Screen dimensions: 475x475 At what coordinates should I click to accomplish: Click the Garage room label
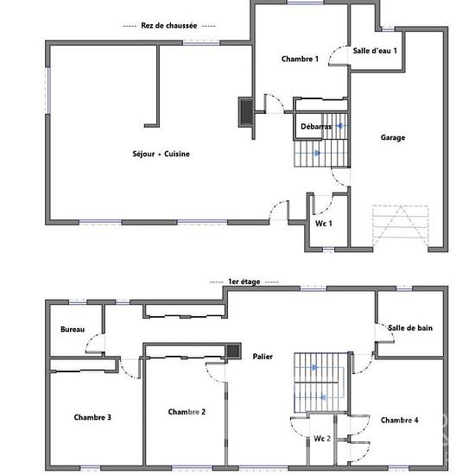tap(393, 137)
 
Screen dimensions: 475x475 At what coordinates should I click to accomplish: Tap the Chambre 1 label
tap(300, 59)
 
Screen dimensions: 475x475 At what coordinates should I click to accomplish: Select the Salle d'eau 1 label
tap(375, 51)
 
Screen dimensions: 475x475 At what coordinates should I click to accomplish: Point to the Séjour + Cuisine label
tap(161, 154)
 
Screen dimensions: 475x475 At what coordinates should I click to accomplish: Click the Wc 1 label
tap(324, 224)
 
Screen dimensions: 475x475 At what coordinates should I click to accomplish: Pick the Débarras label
tap(316, 126)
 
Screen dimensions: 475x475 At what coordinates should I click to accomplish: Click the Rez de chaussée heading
tap(169, 25)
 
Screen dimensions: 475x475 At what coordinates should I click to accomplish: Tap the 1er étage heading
tap(244, 282)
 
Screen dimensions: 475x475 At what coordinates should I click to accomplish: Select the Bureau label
tap(73, 329)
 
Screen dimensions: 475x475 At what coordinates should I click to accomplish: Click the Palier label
tap(263, 357)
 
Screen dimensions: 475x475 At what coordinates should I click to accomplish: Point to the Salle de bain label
tap(410, 328)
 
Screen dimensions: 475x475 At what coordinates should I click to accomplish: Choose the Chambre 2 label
tap(187, 412)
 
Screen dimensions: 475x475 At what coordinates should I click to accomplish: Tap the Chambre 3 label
tap(92, 417)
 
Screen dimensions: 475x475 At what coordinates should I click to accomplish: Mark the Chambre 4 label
tap(400, 420)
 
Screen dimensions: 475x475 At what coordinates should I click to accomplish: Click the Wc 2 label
tap(322, 439)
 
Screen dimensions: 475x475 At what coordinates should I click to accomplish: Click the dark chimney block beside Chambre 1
tap(247, 112)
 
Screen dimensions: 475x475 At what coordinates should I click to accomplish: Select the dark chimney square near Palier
tap(233, 351)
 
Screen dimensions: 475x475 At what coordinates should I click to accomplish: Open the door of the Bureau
tap(95, 343)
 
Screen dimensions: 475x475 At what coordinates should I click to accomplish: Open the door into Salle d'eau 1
tap(339, 56)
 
